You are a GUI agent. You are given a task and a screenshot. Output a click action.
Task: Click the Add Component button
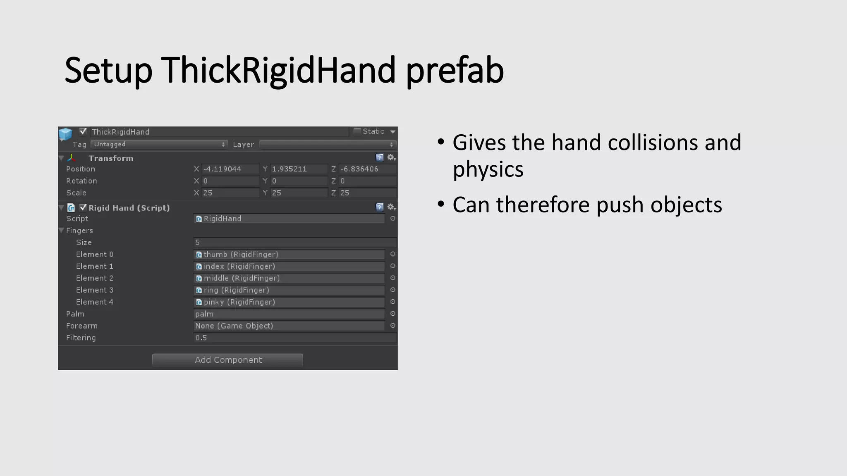[x=227, y=360]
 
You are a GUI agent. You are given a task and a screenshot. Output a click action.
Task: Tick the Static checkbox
[x=357, y=131]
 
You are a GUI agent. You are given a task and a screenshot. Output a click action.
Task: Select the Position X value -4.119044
[x=230, y=169]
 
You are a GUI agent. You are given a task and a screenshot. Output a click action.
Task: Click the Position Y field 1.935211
[x=299, y=169]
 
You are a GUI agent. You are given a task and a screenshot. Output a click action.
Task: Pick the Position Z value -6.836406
[x=367, y=169]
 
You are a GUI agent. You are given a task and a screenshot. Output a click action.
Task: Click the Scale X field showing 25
[x=230, y=193]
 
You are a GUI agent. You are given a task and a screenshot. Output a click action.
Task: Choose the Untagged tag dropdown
[x=159, y=144]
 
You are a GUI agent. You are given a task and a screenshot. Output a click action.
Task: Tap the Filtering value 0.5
[x=294, y=338]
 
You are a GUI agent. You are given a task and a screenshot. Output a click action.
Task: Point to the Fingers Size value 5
[x=294, y=243]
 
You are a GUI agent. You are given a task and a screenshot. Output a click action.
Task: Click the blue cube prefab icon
[x=65, y=133]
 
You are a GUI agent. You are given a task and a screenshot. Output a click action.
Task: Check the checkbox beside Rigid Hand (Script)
[x=83, y=207]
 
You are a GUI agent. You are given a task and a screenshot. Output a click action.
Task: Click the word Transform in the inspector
[x=111, y=158]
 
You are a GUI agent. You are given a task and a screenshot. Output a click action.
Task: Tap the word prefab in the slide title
[x=455, y=70]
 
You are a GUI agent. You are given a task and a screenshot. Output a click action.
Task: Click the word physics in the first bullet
[x=488, y=169]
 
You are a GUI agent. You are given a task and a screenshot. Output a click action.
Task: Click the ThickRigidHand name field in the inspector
[x=219, y=132]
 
